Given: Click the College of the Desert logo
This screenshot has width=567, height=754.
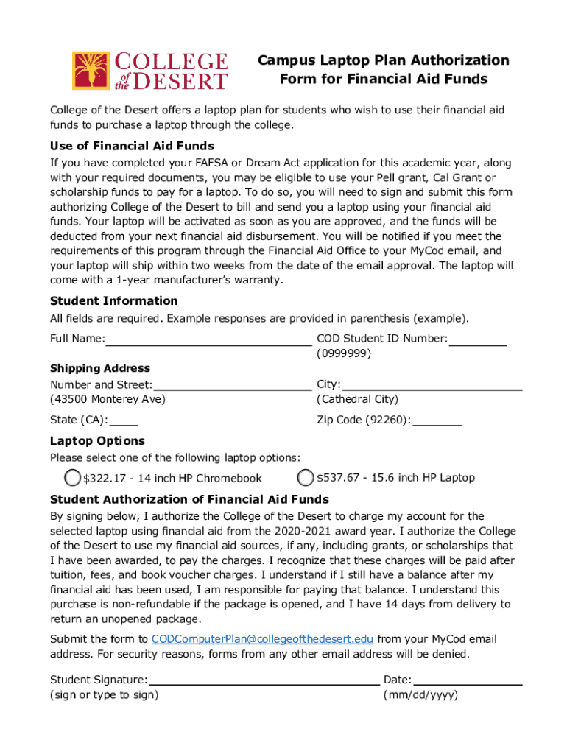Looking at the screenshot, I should [x=149, y=70].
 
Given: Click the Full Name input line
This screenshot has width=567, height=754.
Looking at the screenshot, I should [x=208, y=339].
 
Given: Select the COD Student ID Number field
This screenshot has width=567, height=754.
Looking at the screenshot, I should [x=478, y=339].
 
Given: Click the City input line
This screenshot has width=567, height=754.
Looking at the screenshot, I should [x=432, y=385].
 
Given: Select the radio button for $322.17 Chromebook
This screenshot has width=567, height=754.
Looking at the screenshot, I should [x=72, y=478].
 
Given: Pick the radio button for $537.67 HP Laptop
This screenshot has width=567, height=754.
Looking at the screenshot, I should [x=306, y=478].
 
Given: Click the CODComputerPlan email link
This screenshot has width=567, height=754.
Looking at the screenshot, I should [x=262, y=639].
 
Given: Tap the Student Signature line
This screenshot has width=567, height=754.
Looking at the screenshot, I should [x=264, y=680].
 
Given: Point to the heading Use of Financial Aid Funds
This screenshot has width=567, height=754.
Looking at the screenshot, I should [x=132, y=146].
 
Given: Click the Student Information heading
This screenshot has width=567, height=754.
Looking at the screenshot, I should [x=113, y=301].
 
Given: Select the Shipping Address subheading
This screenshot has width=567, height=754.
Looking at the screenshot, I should [x=99, y=368].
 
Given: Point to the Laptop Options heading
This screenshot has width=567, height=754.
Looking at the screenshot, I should [x=97, y=441].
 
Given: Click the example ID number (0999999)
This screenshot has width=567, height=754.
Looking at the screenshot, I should [x=344, y=353].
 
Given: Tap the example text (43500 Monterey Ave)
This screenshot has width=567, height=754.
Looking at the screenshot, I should [x=108, y=399].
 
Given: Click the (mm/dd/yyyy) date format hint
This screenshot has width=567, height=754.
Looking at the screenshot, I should [x=420, y=694].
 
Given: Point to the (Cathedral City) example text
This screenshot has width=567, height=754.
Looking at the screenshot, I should [x=357, y=399].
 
